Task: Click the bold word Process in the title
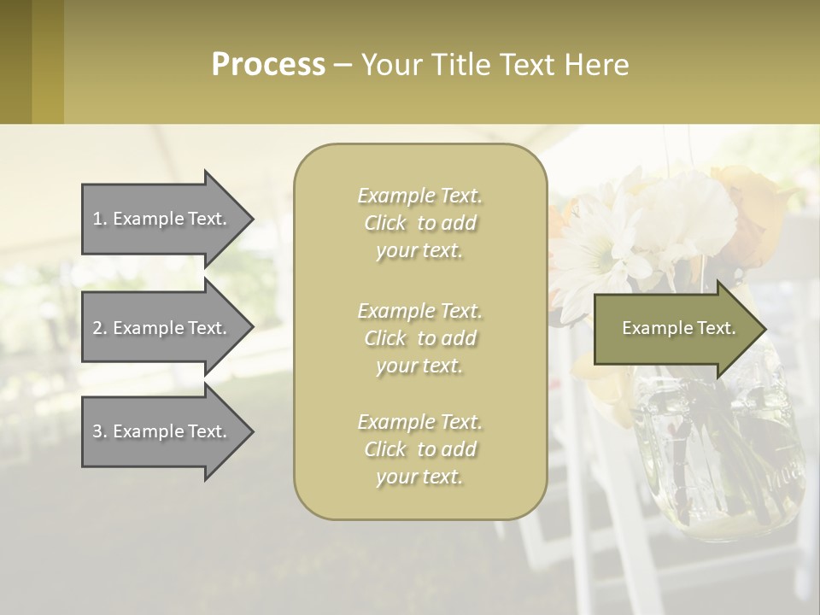[268, 65]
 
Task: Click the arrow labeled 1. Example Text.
[162, 219]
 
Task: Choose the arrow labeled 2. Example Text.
[162, 328]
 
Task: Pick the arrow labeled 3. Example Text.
[162, 431]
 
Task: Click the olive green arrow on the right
[675, 329]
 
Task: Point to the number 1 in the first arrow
[97, 219]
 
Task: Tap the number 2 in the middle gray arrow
[97, 328]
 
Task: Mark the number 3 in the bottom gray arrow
[97, 431]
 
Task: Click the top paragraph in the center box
[419, 223]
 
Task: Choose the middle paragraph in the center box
[419, 337]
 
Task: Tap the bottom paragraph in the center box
[419, 449]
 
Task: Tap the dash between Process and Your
[343, 66]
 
